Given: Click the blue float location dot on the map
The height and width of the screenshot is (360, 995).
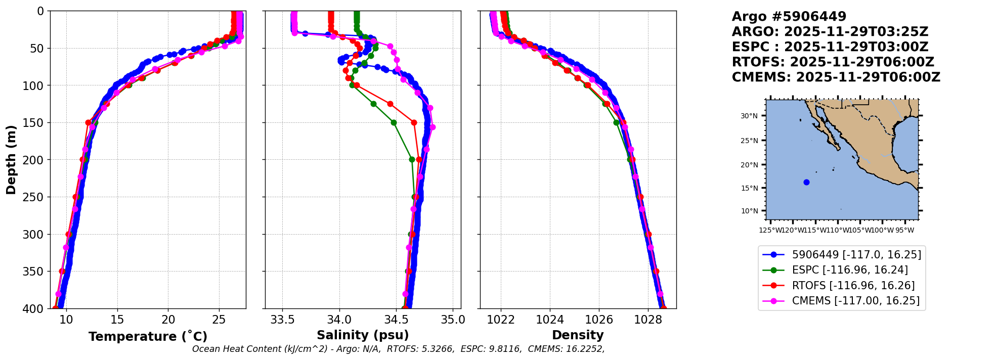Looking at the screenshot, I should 806,182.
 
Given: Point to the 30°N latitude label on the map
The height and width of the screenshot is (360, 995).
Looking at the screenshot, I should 749,116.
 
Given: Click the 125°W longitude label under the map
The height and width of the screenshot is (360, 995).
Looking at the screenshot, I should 770,231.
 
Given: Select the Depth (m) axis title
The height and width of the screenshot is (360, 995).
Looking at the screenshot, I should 11,159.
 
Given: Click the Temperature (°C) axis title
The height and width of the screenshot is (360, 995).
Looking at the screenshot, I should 148,336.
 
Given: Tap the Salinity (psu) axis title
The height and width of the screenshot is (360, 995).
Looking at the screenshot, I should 363,335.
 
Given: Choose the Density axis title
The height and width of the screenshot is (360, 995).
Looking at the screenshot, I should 578,335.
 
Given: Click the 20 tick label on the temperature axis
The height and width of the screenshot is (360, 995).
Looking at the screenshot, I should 168,320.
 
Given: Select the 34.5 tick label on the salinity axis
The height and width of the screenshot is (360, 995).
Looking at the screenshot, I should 396,320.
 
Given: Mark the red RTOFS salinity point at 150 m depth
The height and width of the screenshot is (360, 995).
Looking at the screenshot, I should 414,122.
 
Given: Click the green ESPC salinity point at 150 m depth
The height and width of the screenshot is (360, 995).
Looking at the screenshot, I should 394,122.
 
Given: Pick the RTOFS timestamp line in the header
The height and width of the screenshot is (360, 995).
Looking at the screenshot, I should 833,62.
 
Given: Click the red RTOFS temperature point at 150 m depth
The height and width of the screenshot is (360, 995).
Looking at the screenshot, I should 89,122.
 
